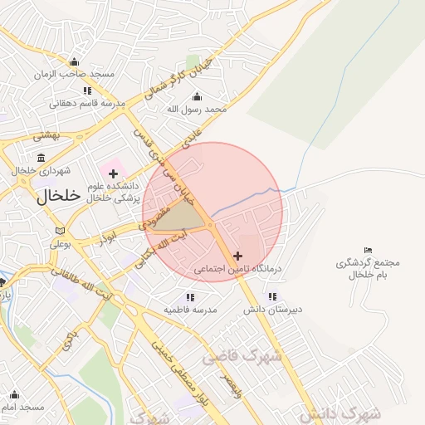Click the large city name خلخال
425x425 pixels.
pos(58,196)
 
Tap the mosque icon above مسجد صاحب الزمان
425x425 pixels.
pos(74,61)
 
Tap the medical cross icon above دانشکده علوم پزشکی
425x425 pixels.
pos(113,173)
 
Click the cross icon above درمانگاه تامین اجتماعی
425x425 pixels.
pos(239,256)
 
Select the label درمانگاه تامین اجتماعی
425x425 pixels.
pos(239,270)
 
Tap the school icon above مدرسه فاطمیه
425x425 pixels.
pos(190,296)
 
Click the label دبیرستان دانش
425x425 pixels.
pos(272,309)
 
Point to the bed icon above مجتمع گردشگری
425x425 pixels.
pos(368,250)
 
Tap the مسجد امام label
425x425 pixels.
pos(22,408)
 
